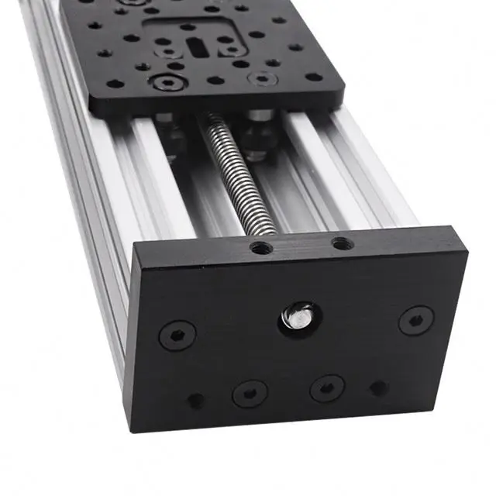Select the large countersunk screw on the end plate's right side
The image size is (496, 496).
click(x=416, y=319)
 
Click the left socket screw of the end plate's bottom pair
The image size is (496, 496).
click(x=250, y=393)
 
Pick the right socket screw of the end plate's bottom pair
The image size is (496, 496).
click(x=326, y=387)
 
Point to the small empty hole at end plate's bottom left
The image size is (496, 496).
click(x=196, y=401)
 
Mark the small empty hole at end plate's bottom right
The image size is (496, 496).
click(x=379, y=387)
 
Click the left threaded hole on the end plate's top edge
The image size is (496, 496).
click(x=261, y=248)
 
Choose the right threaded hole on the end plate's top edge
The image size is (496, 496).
click(x=342, y=244)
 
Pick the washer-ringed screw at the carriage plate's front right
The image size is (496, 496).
click(x=263, y=78)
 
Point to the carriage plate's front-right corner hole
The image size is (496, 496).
click(x=314, y=77)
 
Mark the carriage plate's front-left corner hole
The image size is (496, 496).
click(x=114, y=84)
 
